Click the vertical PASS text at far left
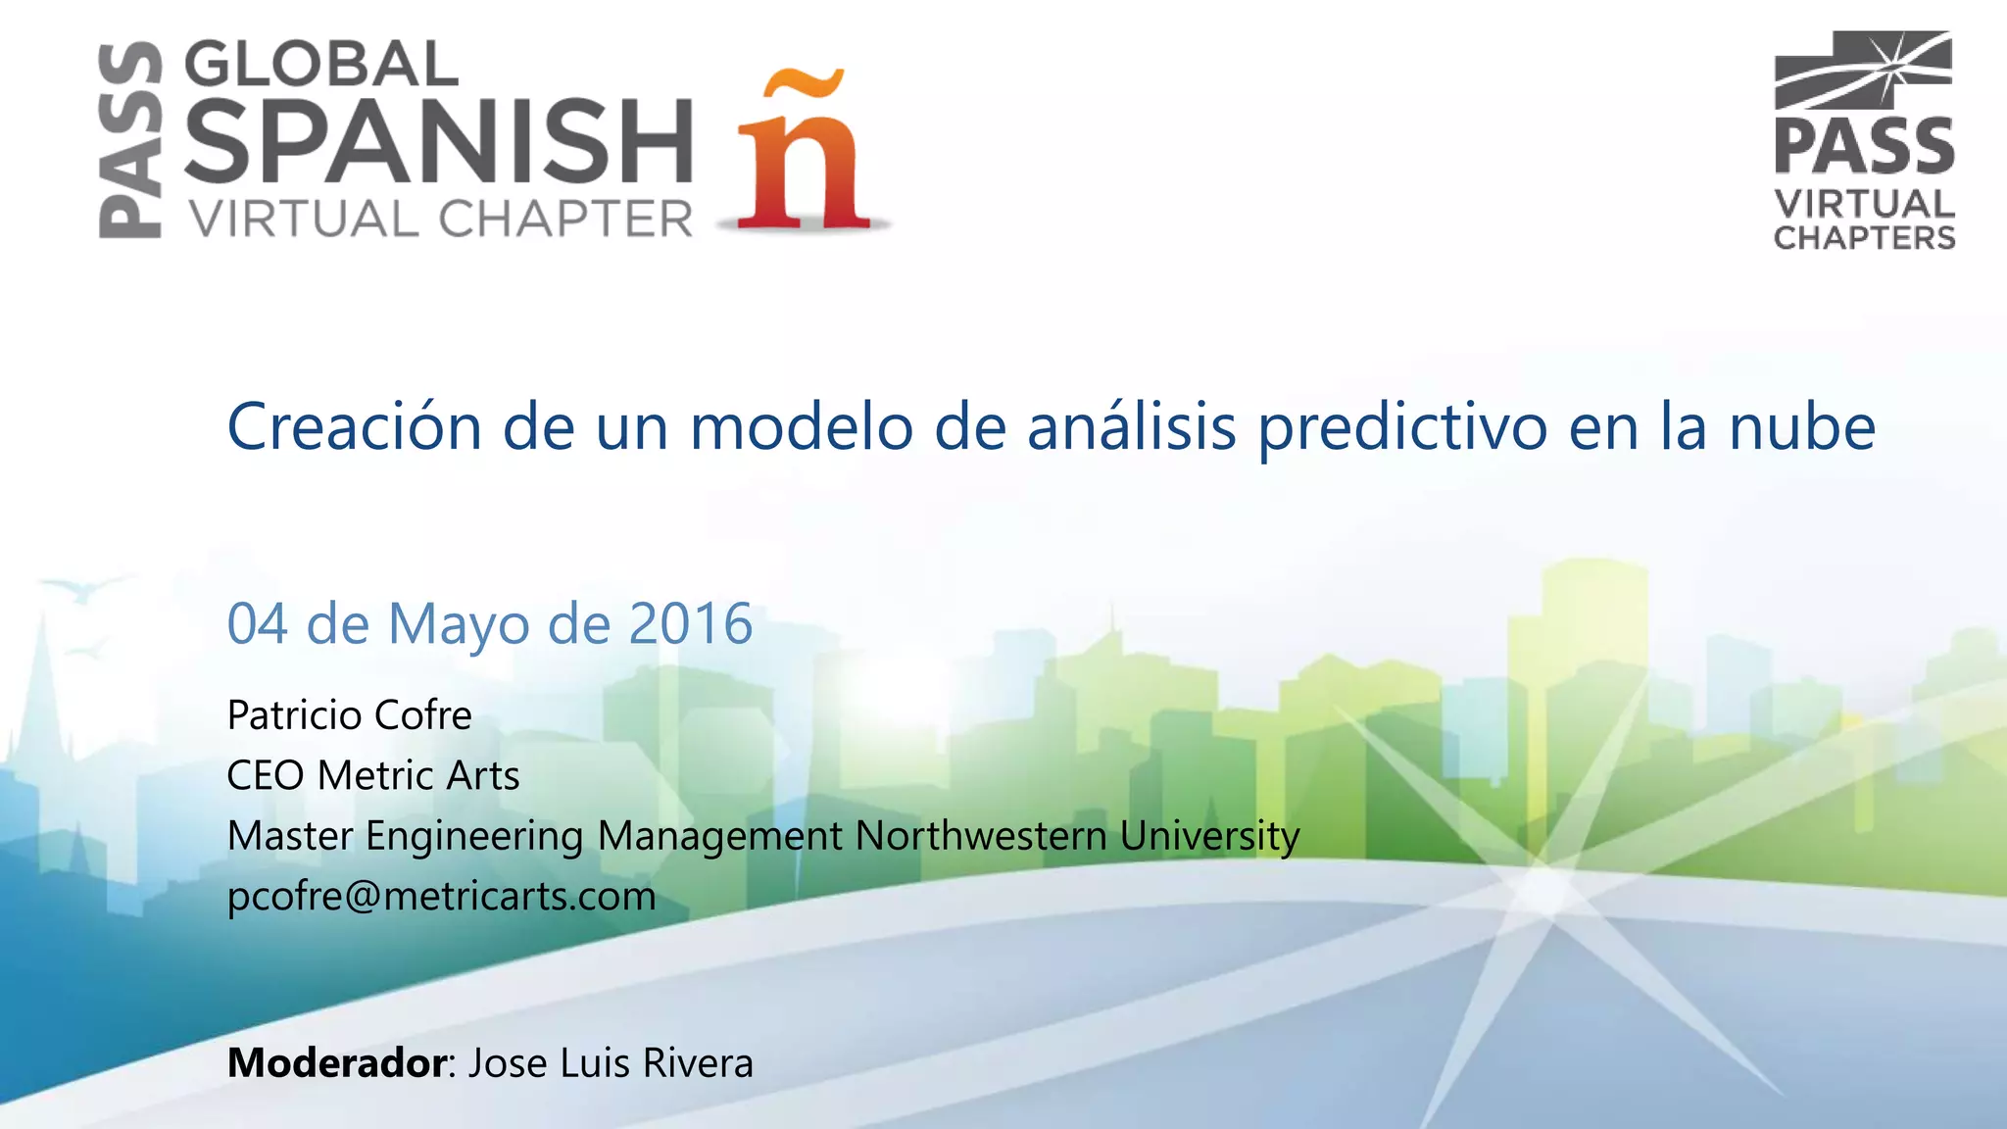(130, 139)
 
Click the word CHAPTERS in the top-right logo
(1864, 238)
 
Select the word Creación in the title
(355, 427)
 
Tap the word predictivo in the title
(1402, 427)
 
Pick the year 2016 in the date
(690, 623)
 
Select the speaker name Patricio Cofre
(349, 715)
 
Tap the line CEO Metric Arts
(372, 775)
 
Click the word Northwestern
(981, 836)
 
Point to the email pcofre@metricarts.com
(441, 896)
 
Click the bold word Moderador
(337, 1063)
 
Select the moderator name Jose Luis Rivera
(611, 1063)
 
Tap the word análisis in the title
(1132, 427)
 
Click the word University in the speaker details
(1209, 836)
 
